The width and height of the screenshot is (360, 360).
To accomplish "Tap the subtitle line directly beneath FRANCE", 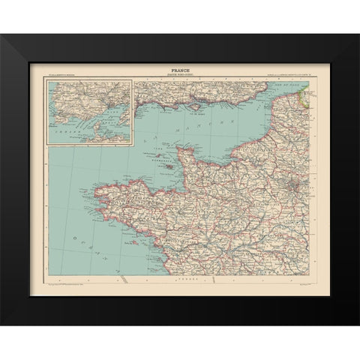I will point(179,76).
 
